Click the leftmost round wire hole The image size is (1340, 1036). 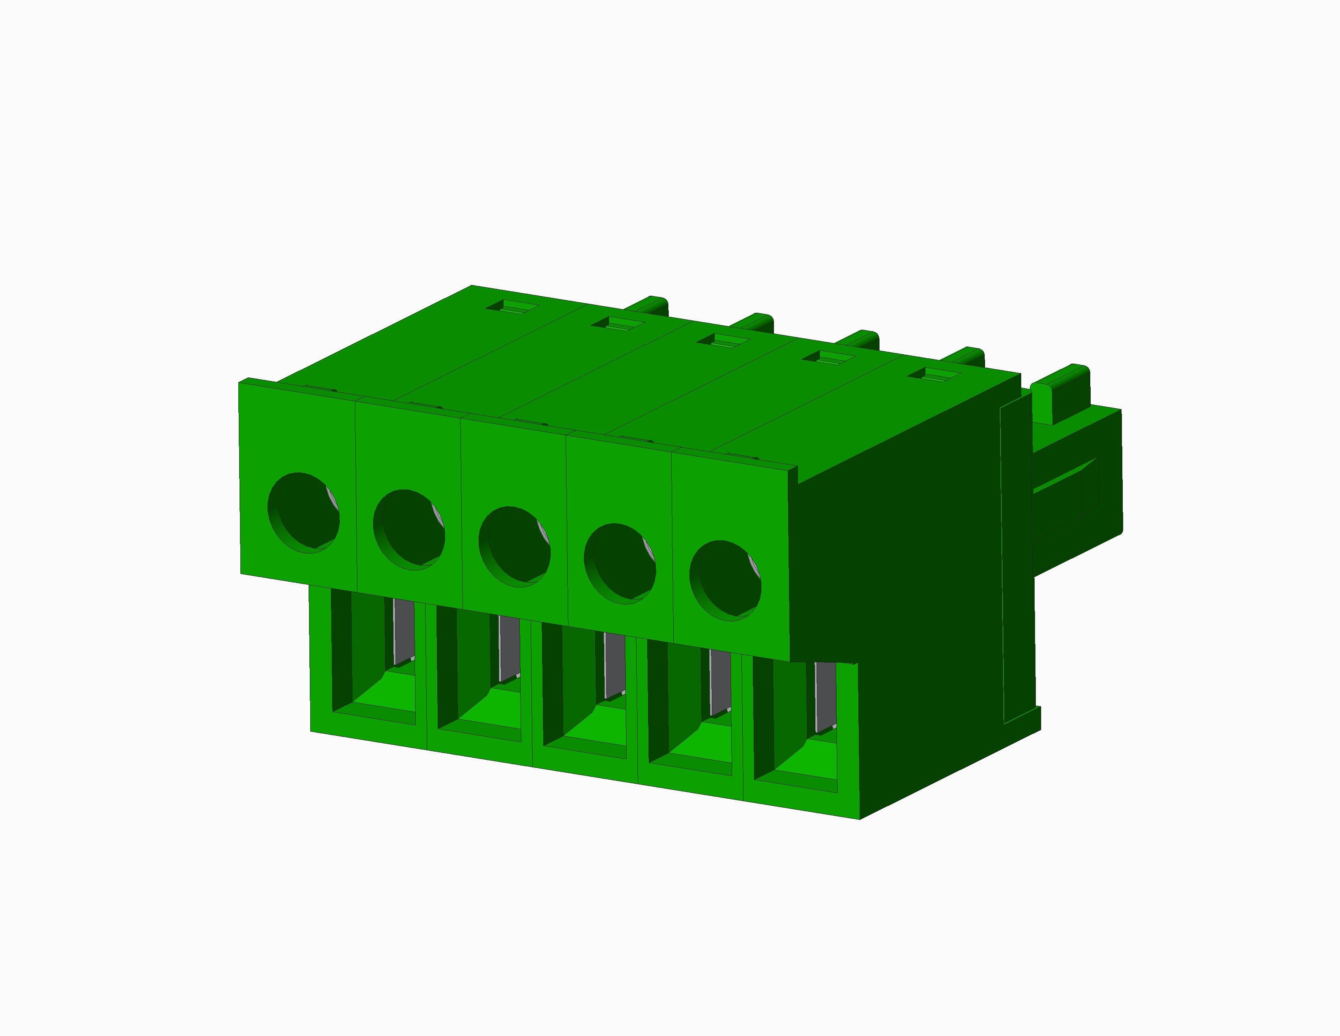coord(304,512)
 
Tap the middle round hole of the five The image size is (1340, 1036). coord(514,546)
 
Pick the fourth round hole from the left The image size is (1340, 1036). coord(620,564)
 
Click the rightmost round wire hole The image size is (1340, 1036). coord(725,581)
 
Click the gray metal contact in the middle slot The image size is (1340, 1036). coord(614,666)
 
